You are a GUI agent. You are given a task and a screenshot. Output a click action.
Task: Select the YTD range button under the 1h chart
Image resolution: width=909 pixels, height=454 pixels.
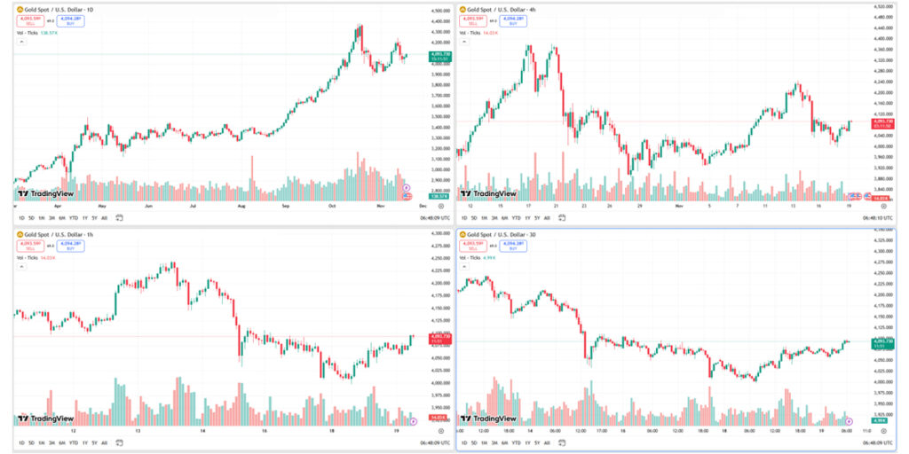click(73, 442)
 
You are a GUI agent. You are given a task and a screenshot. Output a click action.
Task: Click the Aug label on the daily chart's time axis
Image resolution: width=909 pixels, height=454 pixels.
click(241, 205)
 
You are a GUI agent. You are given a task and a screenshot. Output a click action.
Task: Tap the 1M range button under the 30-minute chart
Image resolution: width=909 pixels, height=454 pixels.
click(485, 442)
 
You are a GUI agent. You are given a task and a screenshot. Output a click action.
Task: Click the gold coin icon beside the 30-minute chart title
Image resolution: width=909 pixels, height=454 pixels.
click(462, 235)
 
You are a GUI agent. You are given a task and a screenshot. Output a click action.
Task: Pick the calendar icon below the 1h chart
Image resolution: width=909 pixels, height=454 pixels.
click(118, 442)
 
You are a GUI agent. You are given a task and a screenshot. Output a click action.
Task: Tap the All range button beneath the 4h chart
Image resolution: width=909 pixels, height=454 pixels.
click(547, 216)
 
